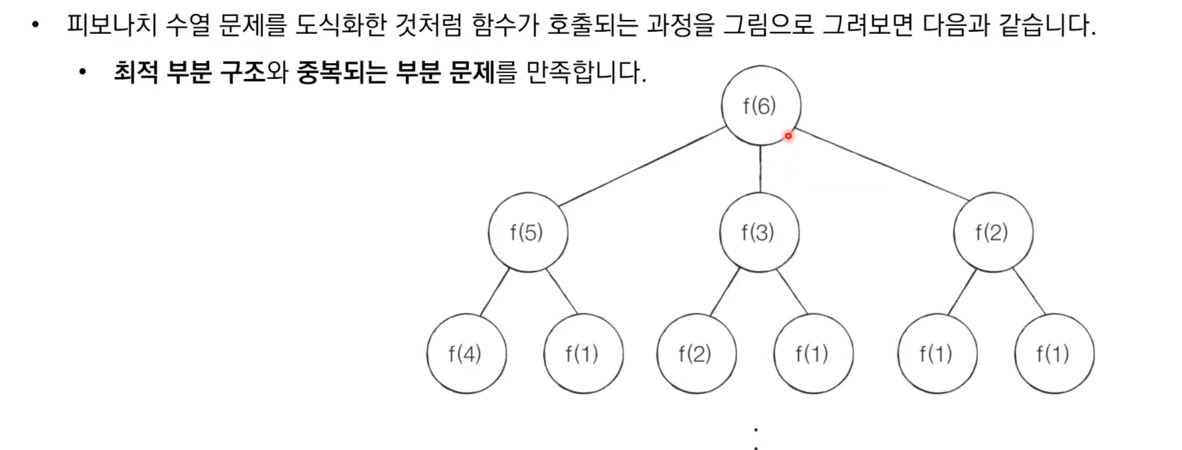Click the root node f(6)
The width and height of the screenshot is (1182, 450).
(x=761, y=105)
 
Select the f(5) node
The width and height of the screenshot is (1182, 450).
(x=528, y=232)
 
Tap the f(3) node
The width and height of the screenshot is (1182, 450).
(x=759, y=232)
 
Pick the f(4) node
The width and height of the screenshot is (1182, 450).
(x=466, y=354)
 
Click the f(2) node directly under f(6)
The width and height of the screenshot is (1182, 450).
(x=993, y=232)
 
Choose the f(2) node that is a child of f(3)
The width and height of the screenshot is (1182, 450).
(x=696, y=354)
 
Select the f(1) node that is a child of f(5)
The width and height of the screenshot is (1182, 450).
(x=583, y=354)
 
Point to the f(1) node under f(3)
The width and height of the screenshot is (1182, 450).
(x=813, y=354)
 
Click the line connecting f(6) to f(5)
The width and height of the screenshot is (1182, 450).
(x=643, y=167)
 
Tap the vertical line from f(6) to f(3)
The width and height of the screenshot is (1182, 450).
(x=760, y=169)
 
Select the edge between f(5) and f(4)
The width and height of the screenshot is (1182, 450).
(x=495, y=292)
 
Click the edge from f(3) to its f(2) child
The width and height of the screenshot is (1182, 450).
(x=725, y=292)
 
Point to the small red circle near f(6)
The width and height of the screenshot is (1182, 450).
(x=788, y=136)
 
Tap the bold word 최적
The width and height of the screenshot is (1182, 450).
(x=136, y=72)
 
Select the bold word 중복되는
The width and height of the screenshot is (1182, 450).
(x=342, y=72)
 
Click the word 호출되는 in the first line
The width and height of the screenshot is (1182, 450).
(x=593, y=25)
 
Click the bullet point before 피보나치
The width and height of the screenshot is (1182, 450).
(x=35, y=25)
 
